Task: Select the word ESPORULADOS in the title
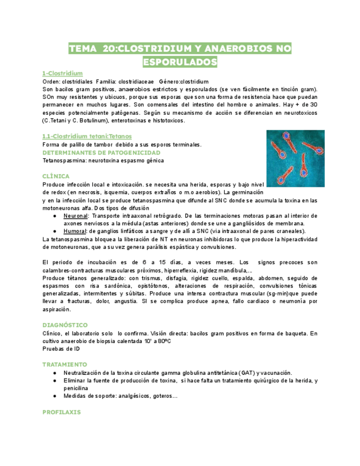180,61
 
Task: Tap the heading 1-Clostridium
62,73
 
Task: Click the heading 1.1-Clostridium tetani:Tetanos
87,136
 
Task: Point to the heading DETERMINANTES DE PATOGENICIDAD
101,152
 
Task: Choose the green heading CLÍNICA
56,176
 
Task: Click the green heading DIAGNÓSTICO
65,325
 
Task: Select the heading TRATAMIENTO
65,364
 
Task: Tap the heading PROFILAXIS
61,412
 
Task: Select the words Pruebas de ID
61,348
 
